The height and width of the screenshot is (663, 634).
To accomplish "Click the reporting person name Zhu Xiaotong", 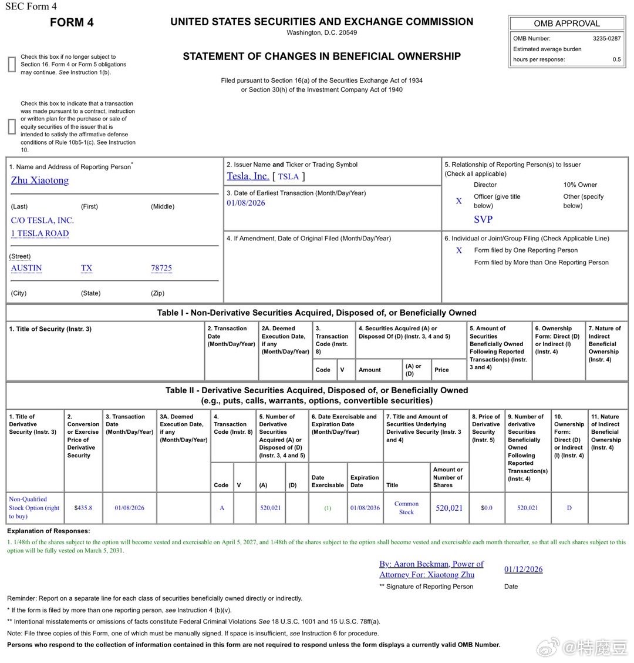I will click(40, 180).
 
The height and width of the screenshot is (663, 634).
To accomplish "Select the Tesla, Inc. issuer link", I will click(248, 176).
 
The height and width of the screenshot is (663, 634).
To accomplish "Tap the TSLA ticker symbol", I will click(288, 176).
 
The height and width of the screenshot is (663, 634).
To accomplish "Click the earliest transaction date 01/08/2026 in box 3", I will click(246, 203).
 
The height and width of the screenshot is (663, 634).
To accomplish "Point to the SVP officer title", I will click(483, 219).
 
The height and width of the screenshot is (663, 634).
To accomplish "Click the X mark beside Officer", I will click(459, 201).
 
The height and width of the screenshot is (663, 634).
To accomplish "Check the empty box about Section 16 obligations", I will click(12, 65).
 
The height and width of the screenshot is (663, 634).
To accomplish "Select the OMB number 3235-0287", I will click(606, 38).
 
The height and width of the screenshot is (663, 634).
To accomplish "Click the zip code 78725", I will click(161, 268).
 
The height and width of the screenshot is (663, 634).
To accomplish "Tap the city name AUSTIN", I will click(26, 268).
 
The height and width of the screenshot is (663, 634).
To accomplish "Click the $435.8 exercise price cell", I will click(83, 508).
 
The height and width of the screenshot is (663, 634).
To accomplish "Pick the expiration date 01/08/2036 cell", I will click(365, 508).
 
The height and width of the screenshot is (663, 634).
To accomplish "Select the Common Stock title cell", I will click(406, 508).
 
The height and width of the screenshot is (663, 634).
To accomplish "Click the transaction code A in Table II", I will click(222, 508).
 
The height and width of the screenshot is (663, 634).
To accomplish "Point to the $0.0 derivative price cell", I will click(487, 508).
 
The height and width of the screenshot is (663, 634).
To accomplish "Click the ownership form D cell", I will click(569, 508).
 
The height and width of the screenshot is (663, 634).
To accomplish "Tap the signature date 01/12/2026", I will click(523, 569).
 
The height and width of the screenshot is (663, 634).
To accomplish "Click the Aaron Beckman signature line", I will click(431, 569).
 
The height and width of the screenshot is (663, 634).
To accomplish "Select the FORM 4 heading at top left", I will click(72, 22).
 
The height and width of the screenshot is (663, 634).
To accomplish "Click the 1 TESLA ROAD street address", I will click(39, 233).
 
